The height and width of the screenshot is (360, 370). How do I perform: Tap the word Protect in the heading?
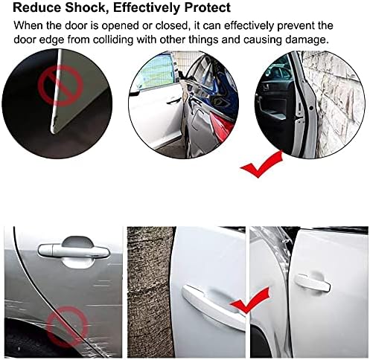coord(208,7)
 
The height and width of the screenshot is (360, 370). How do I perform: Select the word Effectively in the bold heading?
coord(147,7)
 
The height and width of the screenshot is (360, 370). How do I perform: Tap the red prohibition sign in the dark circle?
coord(60,86)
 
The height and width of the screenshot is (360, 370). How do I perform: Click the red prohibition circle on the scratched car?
coord(68,327)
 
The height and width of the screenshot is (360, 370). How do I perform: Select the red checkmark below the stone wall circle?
coord(261,164)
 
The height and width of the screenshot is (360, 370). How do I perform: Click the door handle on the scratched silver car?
coord(74,251)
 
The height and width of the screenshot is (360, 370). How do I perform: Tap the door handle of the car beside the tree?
coord(212,307)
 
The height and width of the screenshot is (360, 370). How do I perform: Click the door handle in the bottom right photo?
coord(312,283)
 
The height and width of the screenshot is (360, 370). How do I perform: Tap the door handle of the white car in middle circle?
coord(173,101)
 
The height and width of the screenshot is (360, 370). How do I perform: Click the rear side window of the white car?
coord(156,72)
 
